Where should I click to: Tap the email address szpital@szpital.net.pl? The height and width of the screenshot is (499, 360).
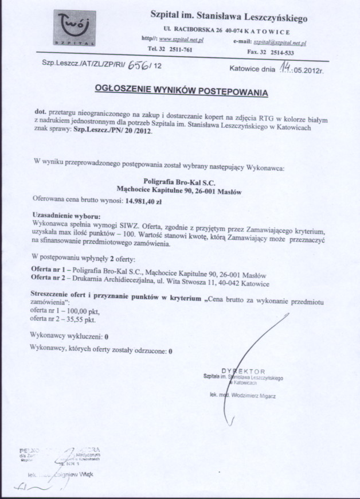tap(280, 42)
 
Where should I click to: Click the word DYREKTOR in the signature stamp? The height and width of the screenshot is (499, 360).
tap(244, 371)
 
